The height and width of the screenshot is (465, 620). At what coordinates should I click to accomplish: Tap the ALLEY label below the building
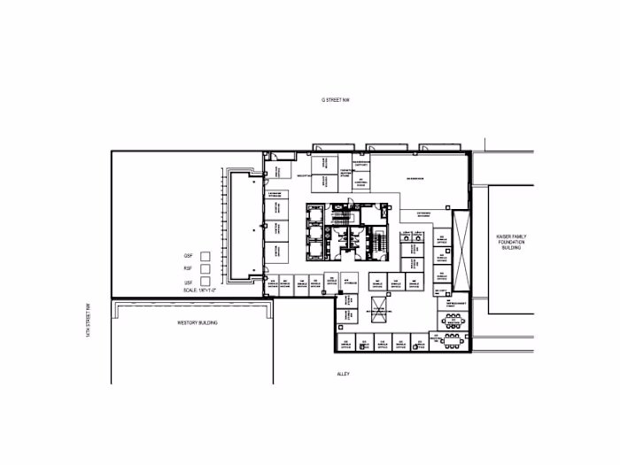point(344,374)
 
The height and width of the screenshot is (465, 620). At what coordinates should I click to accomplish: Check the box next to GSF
point(205,256)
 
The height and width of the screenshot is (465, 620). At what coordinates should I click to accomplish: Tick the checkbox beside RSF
point(205,269)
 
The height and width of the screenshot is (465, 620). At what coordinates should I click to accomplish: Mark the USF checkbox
point(205,282)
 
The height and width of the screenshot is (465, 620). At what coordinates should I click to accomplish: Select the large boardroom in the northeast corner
point(416,179)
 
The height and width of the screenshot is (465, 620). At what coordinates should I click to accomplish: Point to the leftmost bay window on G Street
point(327,146)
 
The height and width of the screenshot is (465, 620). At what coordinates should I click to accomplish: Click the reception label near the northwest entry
point(302,176)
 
